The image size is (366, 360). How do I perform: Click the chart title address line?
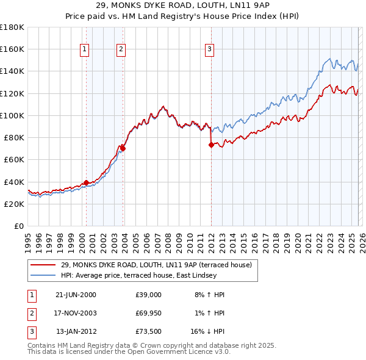[182, 5]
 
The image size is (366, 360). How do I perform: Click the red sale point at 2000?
[86, 182]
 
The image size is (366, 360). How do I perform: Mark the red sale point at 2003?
[123, 148]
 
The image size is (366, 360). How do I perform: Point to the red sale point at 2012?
[211, 145]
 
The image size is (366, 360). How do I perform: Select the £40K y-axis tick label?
[14, 182]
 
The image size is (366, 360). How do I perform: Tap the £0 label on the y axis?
[19, 226]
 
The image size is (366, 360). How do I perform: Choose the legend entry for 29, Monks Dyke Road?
[160, 264]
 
